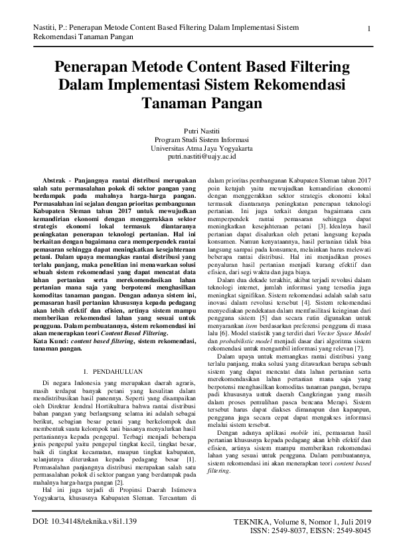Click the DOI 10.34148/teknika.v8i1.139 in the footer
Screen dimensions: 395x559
tap(84, 540)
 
